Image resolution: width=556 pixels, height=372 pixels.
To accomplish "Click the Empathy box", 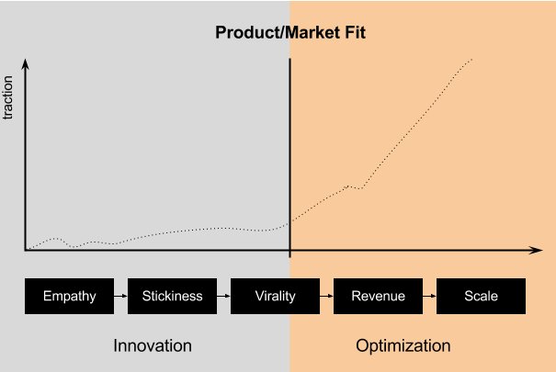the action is [70, 296].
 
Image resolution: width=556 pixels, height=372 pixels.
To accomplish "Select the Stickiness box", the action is [173, 296].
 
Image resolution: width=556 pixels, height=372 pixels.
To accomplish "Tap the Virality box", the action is [275, 296].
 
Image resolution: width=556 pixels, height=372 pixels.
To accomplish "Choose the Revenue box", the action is [378, 296].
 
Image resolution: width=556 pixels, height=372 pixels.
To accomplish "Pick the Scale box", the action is [482, 296].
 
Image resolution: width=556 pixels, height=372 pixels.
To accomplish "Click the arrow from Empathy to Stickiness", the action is [121, 296].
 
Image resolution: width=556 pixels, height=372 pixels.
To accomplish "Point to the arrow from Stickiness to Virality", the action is [223, 296].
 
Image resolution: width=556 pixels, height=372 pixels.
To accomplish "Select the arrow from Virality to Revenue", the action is [326, 296].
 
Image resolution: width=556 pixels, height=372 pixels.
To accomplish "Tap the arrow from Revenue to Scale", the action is [429, 296].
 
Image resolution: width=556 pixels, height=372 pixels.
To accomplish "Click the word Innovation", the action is [153, 345].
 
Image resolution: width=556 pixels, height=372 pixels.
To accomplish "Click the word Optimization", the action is [403, 345].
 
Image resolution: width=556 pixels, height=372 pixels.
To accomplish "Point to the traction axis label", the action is [7, 97].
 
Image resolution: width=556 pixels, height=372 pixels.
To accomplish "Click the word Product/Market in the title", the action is [273, 32].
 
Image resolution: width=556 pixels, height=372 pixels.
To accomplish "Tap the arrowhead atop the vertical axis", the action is [25, 63].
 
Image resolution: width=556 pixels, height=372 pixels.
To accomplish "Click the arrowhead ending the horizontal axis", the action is [536, 250].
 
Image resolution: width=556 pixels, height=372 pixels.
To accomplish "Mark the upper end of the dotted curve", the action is [472, 59].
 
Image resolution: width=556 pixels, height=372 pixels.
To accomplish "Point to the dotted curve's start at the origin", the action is [28, 249].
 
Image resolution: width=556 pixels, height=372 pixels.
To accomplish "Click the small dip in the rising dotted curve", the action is [360, 188].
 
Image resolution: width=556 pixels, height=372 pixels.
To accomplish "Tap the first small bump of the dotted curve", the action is [55, 239].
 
